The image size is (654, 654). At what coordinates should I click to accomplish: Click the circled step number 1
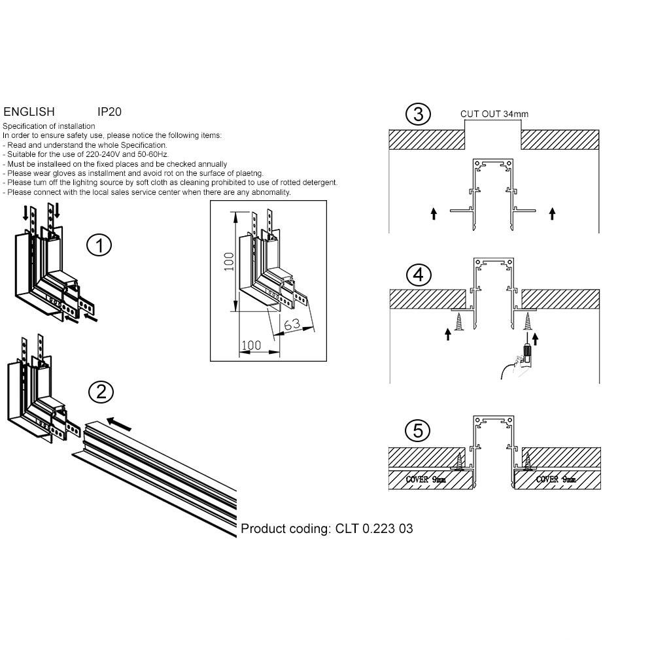(99, 246)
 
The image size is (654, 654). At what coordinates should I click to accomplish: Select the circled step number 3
(418, 114)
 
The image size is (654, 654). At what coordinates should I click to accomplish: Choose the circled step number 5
(418, 431)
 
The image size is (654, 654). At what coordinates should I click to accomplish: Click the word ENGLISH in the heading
(29, 112)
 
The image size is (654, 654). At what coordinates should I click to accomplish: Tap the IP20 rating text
(109, 112)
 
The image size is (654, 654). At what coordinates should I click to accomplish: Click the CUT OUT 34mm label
(494, 114)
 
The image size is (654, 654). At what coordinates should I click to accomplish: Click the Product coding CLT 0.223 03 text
(327, 528)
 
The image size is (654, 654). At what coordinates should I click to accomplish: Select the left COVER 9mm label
(426, 479)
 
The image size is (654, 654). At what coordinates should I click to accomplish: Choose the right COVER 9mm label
(555, 479)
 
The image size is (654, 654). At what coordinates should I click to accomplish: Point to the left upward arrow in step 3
(434, 213)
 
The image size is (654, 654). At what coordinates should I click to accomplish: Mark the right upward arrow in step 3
(553, 213)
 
